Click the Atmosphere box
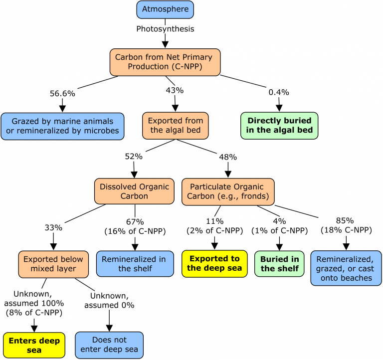165,9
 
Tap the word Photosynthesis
165,29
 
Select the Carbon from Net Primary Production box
165,62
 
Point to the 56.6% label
62,94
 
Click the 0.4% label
279,92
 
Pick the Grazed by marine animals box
62,126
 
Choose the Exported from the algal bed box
176,126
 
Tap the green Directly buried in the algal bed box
279,126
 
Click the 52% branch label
134,156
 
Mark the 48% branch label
228,157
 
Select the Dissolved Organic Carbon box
134,191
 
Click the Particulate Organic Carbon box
228,192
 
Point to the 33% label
53,228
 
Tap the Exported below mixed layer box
53,264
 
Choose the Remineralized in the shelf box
135,264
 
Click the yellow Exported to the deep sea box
214,264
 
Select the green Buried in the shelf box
279,264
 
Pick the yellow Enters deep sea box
34,346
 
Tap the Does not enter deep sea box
109,345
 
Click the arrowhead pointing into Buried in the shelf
279,247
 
